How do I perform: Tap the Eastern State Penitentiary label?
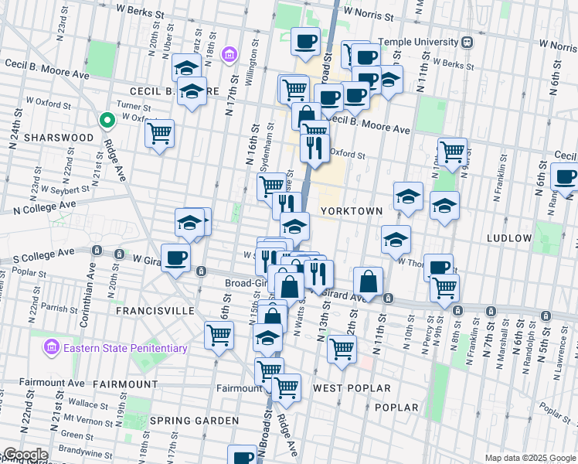coord(125,348)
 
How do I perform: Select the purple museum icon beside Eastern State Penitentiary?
coord(53,347)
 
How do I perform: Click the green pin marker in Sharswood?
coord(107,121)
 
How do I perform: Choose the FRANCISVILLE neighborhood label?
coord(155,310)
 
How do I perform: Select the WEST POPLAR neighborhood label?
coord(352,387)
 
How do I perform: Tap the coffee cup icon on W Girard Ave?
coord(175,258)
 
